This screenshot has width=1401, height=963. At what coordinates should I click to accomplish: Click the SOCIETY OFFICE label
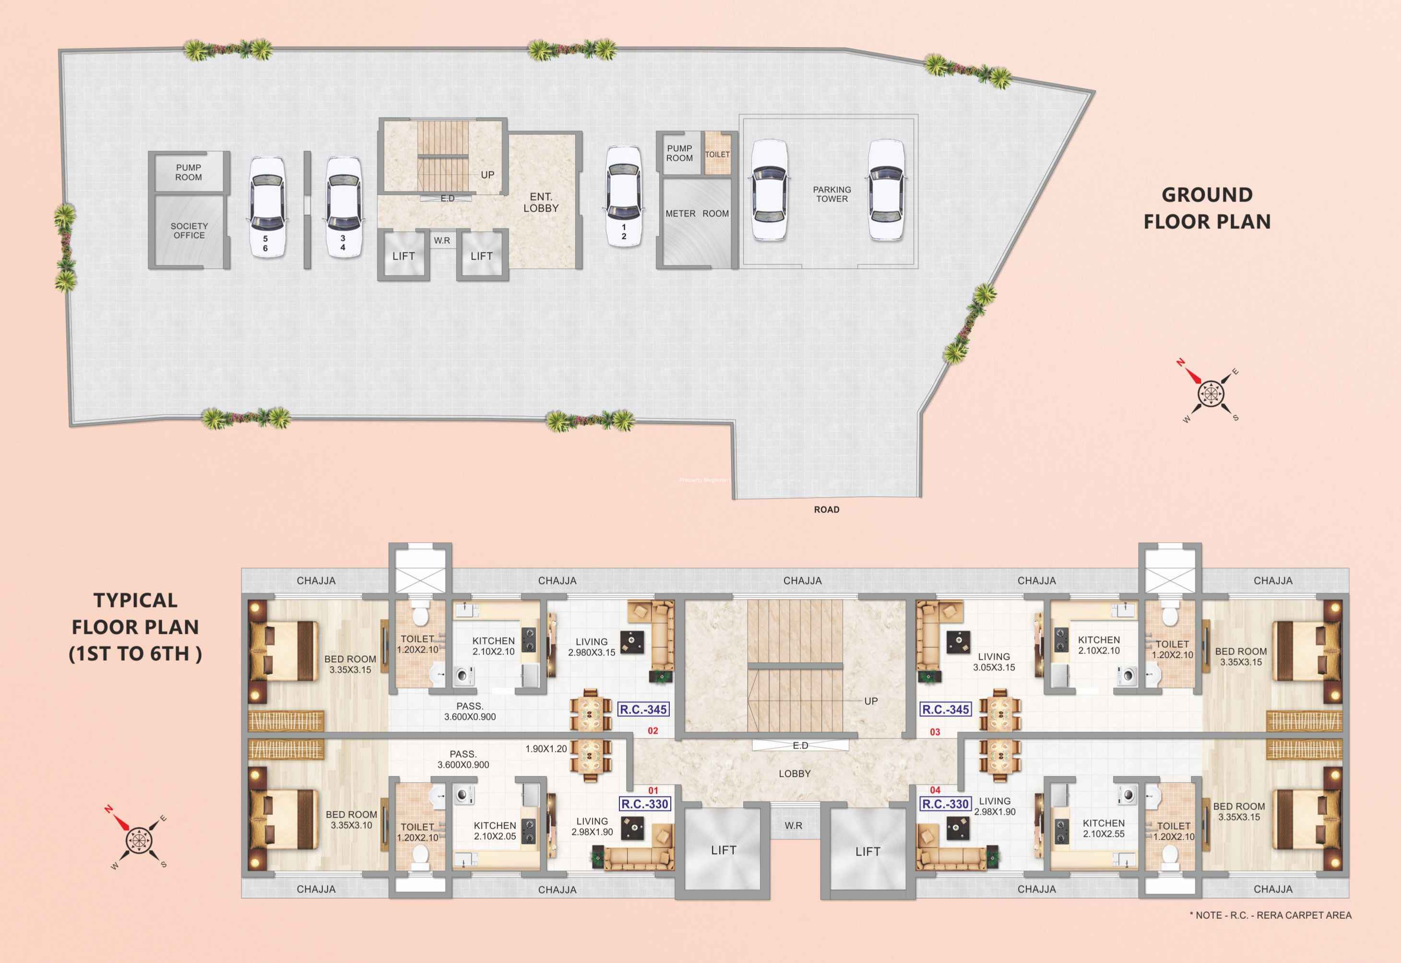point(189,230)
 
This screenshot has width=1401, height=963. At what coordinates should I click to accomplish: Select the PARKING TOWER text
point(832,194)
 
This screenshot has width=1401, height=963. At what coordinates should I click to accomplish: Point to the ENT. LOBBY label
point(541,202)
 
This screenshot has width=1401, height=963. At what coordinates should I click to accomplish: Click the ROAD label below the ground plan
point(827,510)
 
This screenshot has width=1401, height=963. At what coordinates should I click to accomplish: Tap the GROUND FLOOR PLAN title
point(1207,208)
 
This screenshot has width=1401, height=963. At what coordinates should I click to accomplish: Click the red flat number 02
point(653,731)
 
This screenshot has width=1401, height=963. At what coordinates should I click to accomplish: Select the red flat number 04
point(935,790)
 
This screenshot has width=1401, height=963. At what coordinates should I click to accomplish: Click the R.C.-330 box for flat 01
point(645,804)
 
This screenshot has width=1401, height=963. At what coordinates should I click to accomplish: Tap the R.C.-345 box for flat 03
point(946,710)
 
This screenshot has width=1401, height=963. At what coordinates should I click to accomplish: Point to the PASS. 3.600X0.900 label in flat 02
point(470,712)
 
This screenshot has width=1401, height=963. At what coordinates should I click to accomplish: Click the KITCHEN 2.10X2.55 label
point(1104,829)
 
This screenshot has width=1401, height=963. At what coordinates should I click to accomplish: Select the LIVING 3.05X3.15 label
point(994,662)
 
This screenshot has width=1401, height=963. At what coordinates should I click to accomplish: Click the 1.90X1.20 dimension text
point(546,749)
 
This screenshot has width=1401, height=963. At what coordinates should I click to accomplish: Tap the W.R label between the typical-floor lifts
point(794,825)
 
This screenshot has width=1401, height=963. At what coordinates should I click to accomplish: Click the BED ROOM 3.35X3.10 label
point(351,820)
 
